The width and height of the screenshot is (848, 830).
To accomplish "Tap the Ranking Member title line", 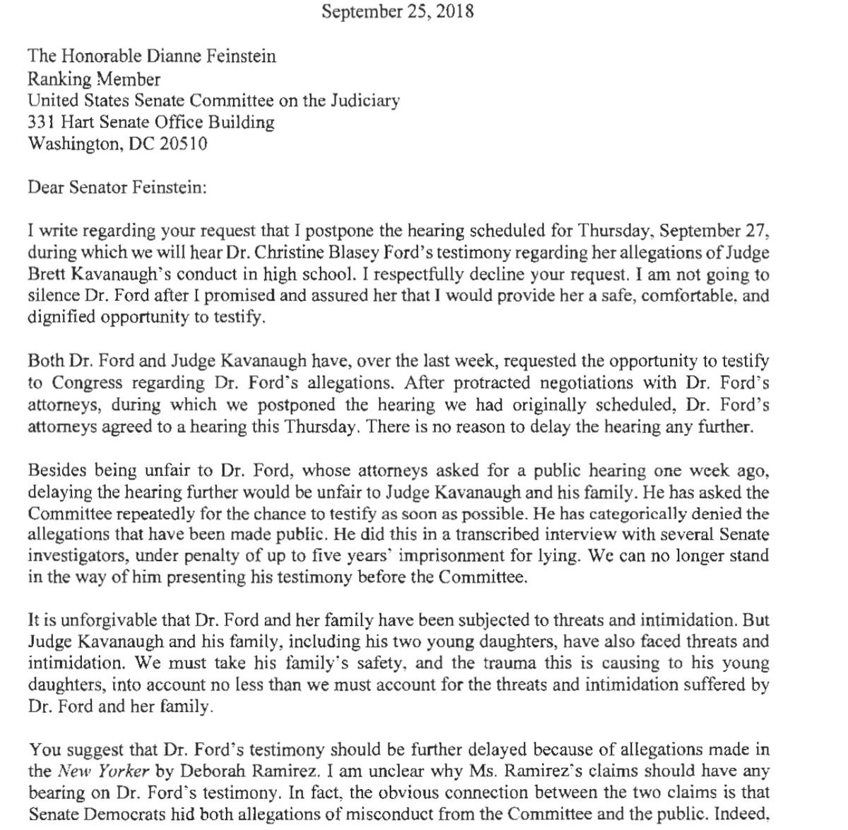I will tap(94, 78).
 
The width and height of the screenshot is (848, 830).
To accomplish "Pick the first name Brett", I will tap(47, 274).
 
